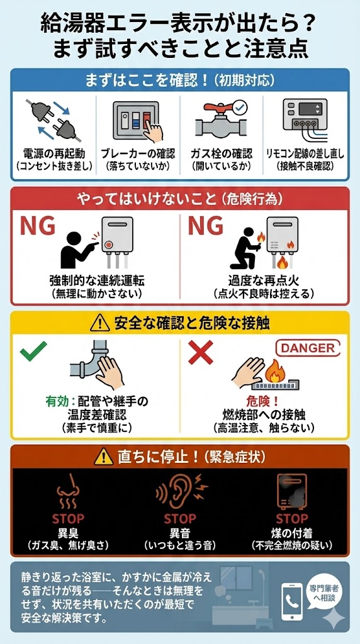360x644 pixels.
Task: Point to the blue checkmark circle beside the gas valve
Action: (240, 108)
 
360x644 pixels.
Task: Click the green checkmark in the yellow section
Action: (33, 351)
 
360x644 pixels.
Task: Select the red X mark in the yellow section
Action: (201, 352)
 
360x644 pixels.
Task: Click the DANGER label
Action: (311, 348)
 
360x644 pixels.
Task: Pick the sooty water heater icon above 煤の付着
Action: (291, 491)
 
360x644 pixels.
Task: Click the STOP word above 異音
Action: (180, 518)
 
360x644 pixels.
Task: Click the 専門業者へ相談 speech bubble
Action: (323, 594)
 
